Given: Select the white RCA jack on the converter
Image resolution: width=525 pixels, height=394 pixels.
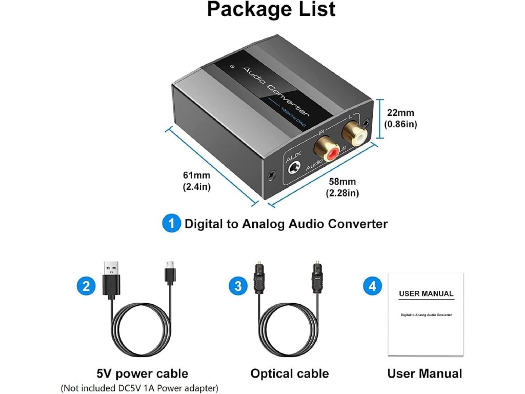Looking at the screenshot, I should (354, 135).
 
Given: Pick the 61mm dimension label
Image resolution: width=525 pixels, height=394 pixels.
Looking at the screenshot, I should (197, 182).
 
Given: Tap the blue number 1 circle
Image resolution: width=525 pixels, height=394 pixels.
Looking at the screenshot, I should (171, 224).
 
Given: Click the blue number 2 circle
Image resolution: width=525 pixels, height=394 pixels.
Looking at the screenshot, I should (86, 285).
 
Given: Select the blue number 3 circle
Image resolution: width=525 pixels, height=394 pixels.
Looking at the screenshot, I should (237, 286).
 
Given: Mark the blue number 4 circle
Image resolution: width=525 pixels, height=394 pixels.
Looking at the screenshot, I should (373, 286).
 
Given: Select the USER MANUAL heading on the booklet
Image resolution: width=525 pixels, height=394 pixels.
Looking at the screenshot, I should (426, 294).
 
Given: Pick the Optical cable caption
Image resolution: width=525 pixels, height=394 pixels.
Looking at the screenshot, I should (289, 373).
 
